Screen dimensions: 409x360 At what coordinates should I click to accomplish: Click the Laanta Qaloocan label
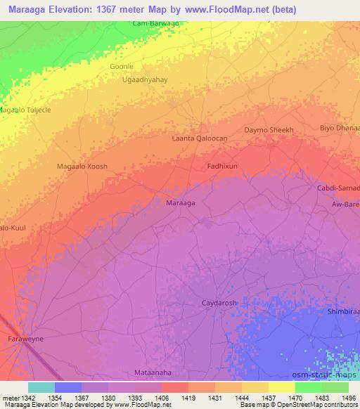[199, 139]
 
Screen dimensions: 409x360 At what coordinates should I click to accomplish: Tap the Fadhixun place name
[222, 166]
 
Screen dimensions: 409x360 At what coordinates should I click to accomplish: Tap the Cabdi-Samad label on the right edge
[340, 188]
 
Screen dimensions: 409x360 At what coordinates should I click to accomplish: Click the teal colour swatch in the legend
[41, 387]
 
